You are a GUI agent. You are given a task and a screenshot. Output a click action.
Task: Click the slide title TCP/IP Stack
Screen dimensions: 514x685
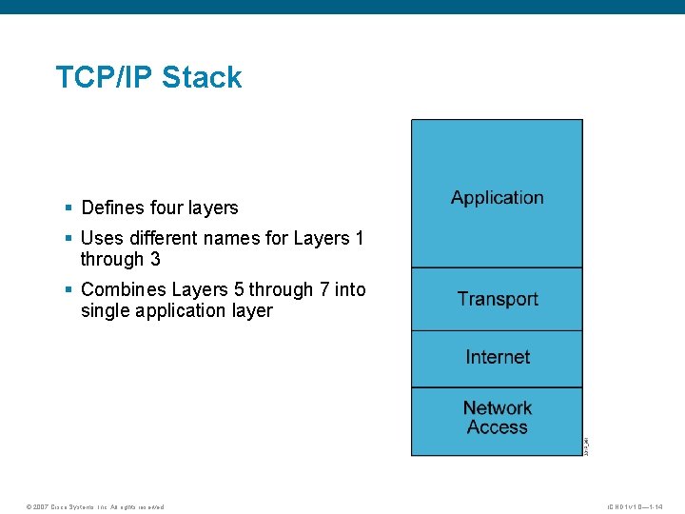[148, 77]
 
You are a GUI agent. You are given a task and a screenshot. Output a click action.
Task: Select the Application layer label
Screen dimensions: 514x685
[497, 198]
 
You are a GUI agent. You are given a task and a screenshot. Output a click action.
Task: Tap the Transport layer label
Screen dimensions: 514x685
[497, 299]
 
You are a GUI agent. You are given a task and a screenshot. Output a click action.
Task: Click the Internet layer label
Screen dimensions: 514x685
[497, 357]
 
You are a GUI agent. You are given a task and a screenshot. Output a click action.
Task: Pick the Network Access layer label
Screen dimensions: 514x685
[497, 418]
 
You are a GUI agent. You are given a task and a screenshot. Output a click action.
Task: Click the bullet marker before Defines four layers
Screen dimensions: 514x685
[68, 208]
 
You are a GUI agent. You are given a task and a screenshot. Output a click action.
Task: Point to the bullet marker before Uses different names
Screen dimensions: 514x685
[68, 238]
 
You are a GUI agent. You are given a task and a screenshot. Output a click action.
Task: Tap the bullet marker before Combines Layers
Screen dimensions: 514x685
[68, 289]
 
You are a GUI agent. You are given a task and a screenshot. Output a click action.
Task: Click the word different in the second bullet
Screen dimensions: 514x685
[167, 238]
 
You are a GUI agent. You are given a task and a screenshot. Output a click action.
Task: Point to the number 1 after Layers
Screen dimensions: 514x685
[359, 238]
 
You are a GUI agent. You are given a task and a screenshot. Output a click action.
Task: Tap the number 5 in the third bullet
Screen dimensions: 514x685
[239, 289]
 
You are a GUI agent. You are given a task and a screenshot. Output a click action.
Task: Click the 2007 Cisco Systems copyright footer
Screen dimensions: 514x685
[95, 506]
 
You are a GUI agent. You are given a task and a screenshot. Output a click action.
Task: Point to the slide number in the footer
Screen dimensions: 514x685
[635, 506]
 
